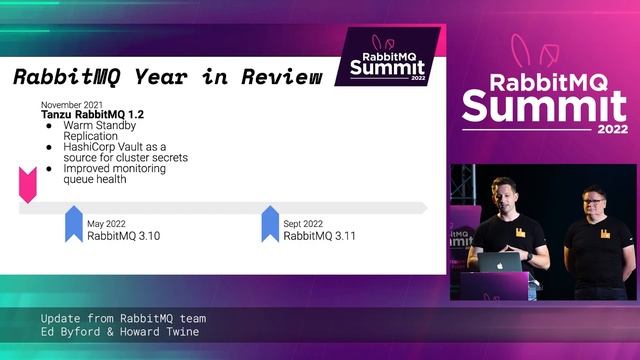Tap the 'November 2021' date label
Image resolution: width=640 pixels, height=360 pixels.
coord(71,104)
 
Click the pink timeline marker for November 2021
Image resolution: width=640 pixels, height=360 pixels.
coord(28,184)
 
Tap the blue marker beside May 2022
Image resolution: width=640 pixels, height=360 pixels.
coord(73,224)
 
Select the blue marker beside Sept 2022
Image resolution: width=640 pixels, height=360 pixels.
coord(269,224)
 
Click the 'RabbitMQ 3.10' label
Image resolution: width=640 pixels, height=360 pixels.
coord(124,236)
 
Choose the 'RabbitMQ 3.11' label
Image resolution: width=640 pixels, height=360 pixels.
coord(319,236)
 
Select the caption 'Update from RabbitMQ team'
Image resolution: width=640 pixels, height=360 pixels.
coord(124,318)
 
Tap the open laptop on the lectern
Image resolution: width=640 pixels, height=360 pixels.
coord(499,262)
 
